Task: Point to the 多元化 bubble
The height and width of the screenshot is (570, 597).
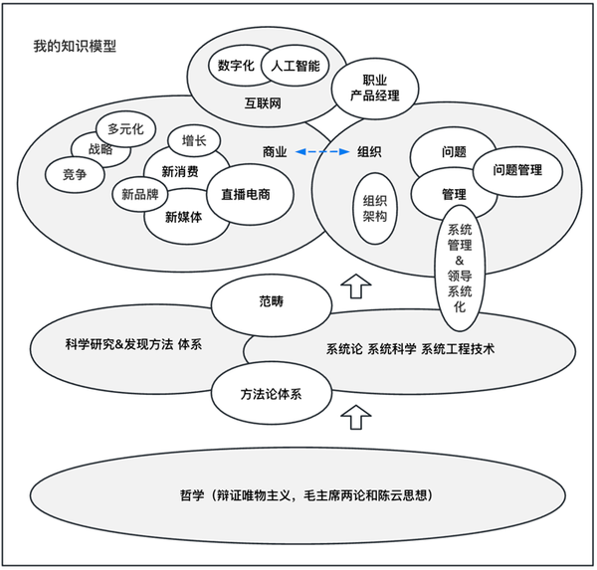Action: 126,128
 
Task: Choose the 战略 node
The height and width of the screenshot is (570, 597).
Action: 100,149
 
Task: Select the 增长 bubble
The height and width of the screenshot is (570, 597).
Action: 194,140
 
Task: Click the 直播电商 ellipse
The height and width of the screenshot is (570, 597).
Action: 246,194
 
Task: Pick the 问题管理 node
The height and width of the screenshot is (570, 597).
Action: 517,170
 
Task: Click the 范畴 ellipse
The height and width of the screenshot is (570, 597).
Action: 271,299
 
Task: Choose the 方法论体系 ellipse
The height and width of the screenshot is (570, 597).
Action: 272,394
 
